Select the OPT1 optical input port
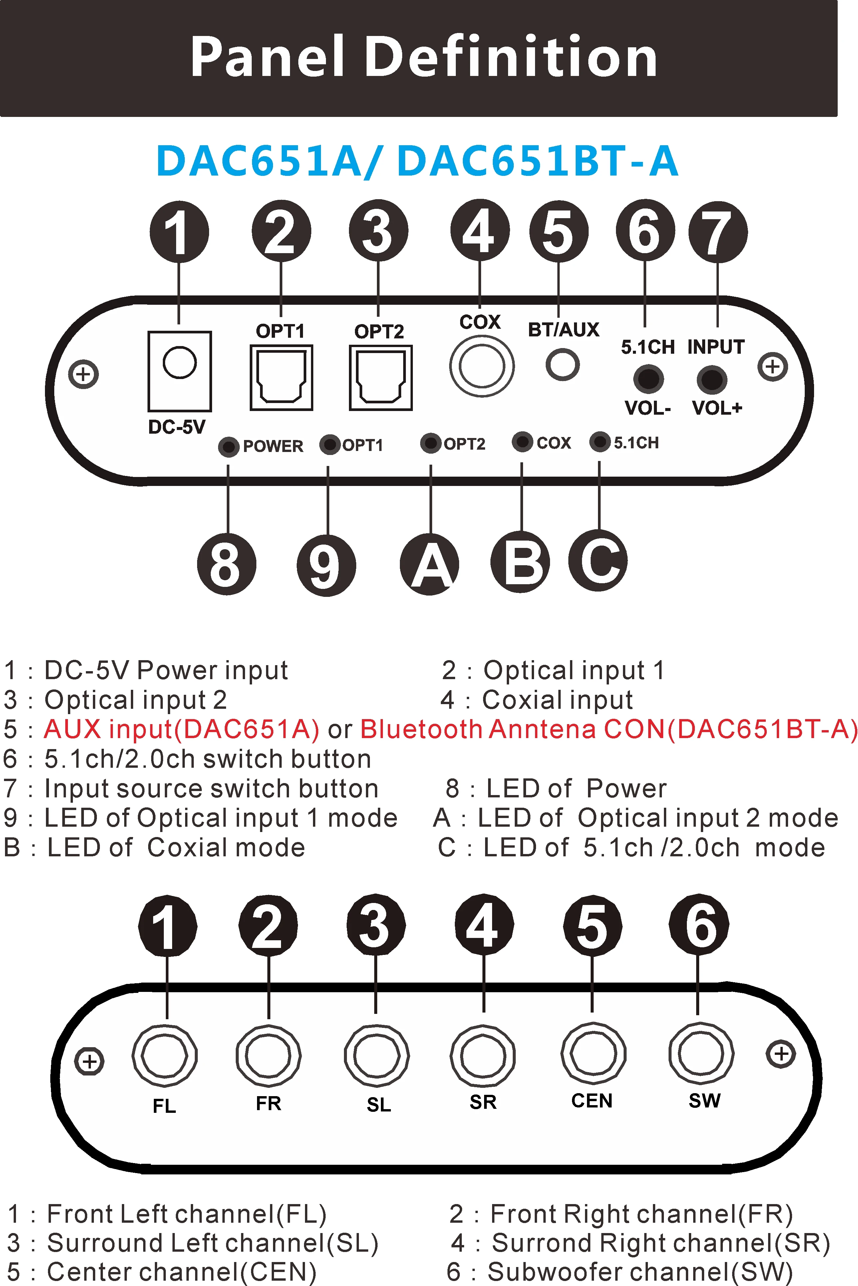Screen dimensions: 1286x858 pyautogui.click(x=281, y=378)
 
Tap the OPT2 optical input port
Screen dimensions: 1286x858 pyautogui.click(x=380, y=378)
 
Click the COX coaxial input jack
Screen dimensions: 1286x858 pyautogui.click(x=481, y=366)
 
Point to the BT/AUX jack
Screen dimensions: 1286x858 pyautogui.click(x=563, y=364)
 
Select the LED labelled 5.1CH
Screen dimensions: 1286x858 pyautogui.click(x=600, y=442)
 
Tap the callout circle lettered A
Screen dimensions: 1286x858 pyautogui.click(x=429, y=564)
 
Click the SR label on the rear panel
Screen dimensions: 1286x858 pyautogui.click(x=483, y=1101)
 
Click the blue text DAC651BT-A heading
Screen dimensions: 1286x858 pyautogui.click(x=538, y=162)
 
